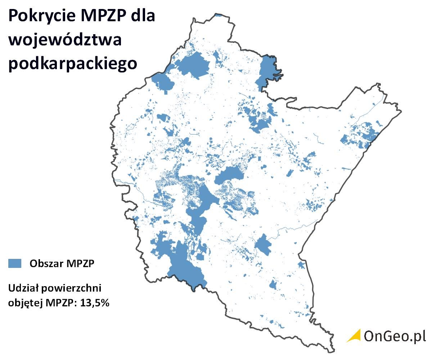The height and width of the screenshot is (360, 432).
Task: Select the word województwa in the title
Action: (65, 40)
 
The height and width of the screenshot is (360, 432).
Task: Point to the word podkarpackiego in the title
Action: (73, 63)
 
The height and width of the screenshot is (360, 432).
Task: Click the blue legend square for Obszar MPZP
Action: (15, 263)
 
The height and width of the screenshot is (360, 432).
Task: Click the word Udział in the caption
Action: (22, 289)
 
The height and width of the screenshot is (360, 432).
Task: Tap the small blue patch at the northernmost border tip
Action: (218, 15)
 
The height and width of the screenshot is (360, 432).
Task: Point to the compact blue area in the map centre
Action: (229, 175)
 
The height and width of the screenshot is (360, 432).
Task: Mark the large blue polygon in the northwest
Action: (193, 65)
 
